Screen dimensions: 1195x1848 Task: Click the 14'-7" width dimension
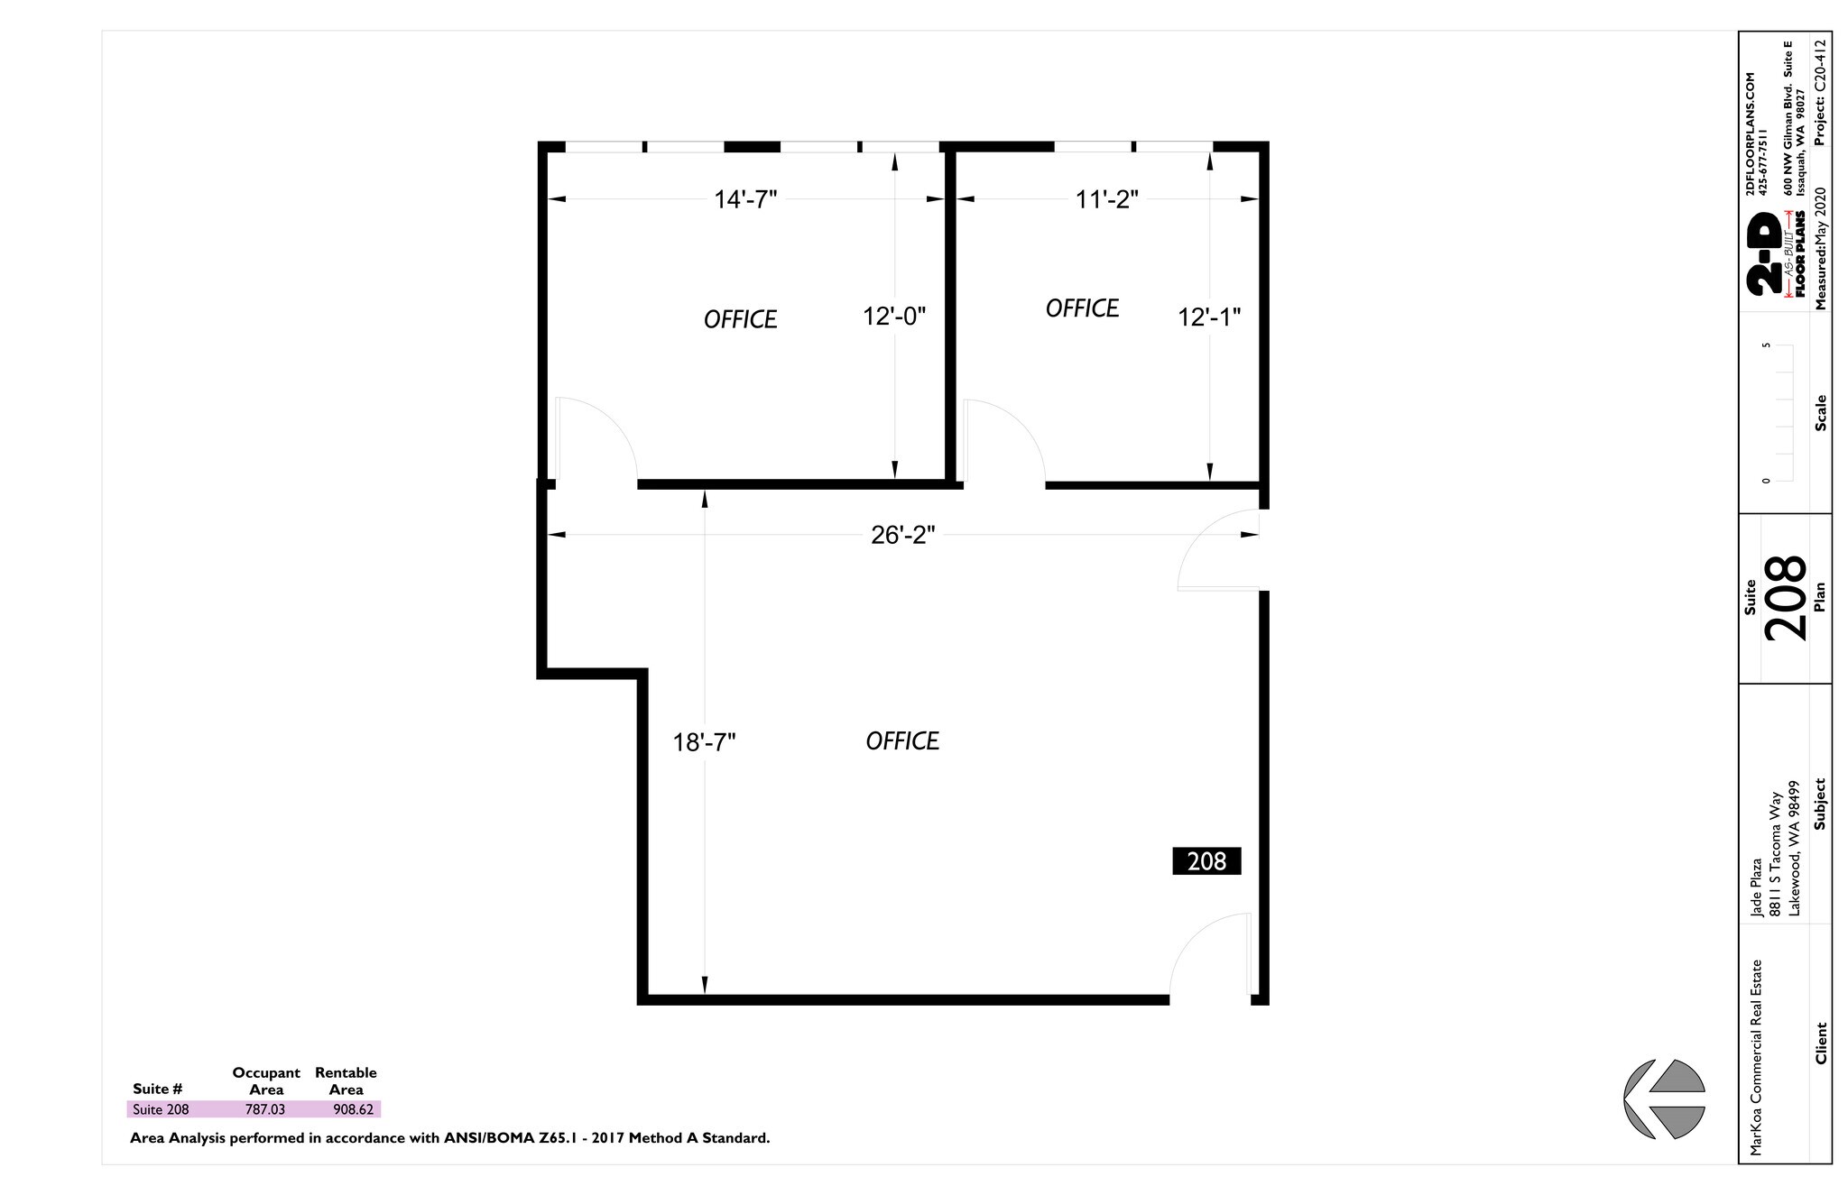(x=745, y=199)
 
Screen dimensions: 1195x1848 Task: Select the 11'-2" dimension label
(x=1106, y=199)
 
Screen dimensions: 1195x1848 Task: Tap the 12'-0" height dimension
(x=894, y=317)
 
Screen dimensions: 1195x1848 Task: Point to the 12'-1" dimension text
(x=1209, y=317)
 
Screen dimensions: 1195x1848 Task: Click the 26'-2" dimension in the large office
(x=902, y=536)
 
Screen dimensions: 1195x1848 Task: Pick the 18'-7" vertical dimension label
(x=704, y=742)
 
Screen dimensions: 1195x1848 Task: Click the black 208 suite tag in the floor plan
(x=1206, y=861)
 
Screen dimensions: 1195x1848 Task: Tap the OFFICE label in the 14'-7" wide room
(x=740, y=320)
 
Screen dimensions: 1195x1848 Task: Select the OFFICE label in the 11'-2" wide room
(x=1082, y=309)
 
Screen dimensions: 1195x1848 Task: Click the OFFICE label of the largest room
(x=902, y=741)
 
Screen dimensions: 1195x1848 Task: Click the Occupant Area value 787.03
(x=265, y=1109)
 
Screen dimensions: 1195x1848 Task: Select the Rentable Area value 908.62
(x=353, y=1109)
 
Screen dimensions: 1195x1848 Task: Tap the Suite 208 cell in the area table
(x=161, y=1109)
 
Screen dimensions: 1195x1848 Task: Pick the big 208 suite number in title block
(x=1786, y=597)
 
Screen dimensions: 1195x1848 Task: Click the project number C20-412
(x=1820, y=91)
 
